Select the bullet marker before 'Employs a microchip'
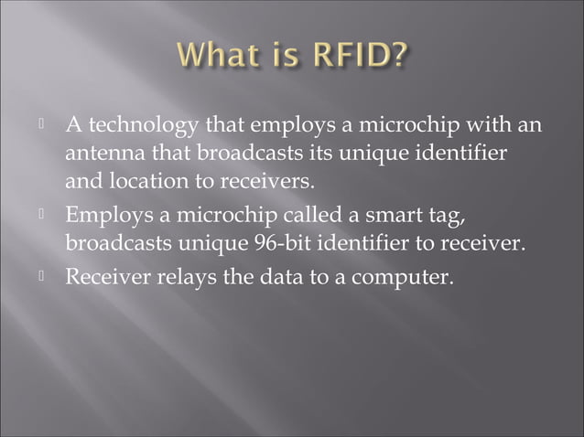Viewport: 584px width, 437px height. pyautogui.click(x=42, y=217)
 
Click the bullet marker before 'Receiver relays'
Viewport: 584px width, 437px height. pyautogui.click(x=42, y=274)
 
